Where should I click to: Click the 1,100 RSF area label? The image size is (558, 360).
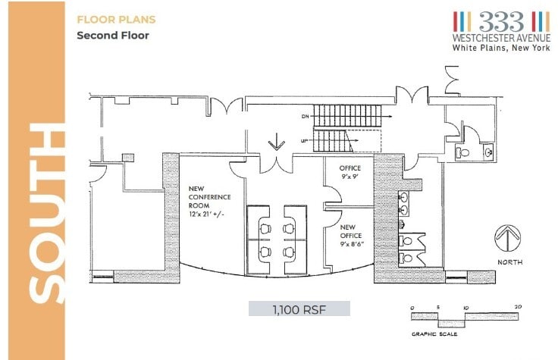coord(299,309)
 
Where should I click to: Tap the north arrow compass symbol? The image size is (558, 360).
coord(508,238)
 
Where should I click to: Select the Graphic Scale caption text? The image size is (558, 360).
coord(434,334)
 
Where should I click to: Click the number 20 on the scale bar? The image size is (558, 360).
coord(518,307)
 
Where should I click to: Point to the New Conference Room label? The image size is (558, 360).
coord(209,202)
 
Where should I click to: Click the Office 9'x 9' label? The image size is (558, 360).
coord(350,172)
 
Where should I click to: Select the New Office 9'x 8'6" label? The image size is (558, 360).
coord(351,236)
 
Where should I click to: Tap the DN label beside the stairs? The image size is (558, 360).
coord(306,116)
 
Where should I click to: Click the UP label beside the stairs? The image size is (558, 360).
coord(304,141)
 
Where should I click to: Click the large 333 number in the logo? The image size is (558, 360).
coord(501,21)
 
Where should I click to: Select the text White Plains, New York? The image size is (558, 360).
coord(501,48)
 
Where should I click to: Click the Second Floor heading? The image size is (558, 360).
coord(113,36)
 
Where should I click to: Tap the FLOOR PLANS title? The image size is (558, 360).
coord(116,19)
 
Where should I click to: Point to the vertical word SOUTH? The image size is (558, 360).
coord(46,214)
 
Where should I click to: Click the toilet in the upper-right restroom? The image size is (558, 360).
coord(462,152)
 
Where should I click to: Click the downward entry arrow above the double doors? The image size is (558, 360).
coord(277,142)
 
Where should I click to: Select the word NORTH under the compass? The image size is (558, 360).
coord(510,262)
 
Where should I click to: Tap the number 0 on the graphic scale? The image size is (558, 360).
coord(412,308)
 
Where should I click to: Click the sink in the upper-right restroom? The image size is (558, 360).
coord(488,152)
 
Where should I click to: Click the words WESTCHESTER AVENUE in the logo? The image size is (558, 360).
coord(501,37)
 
